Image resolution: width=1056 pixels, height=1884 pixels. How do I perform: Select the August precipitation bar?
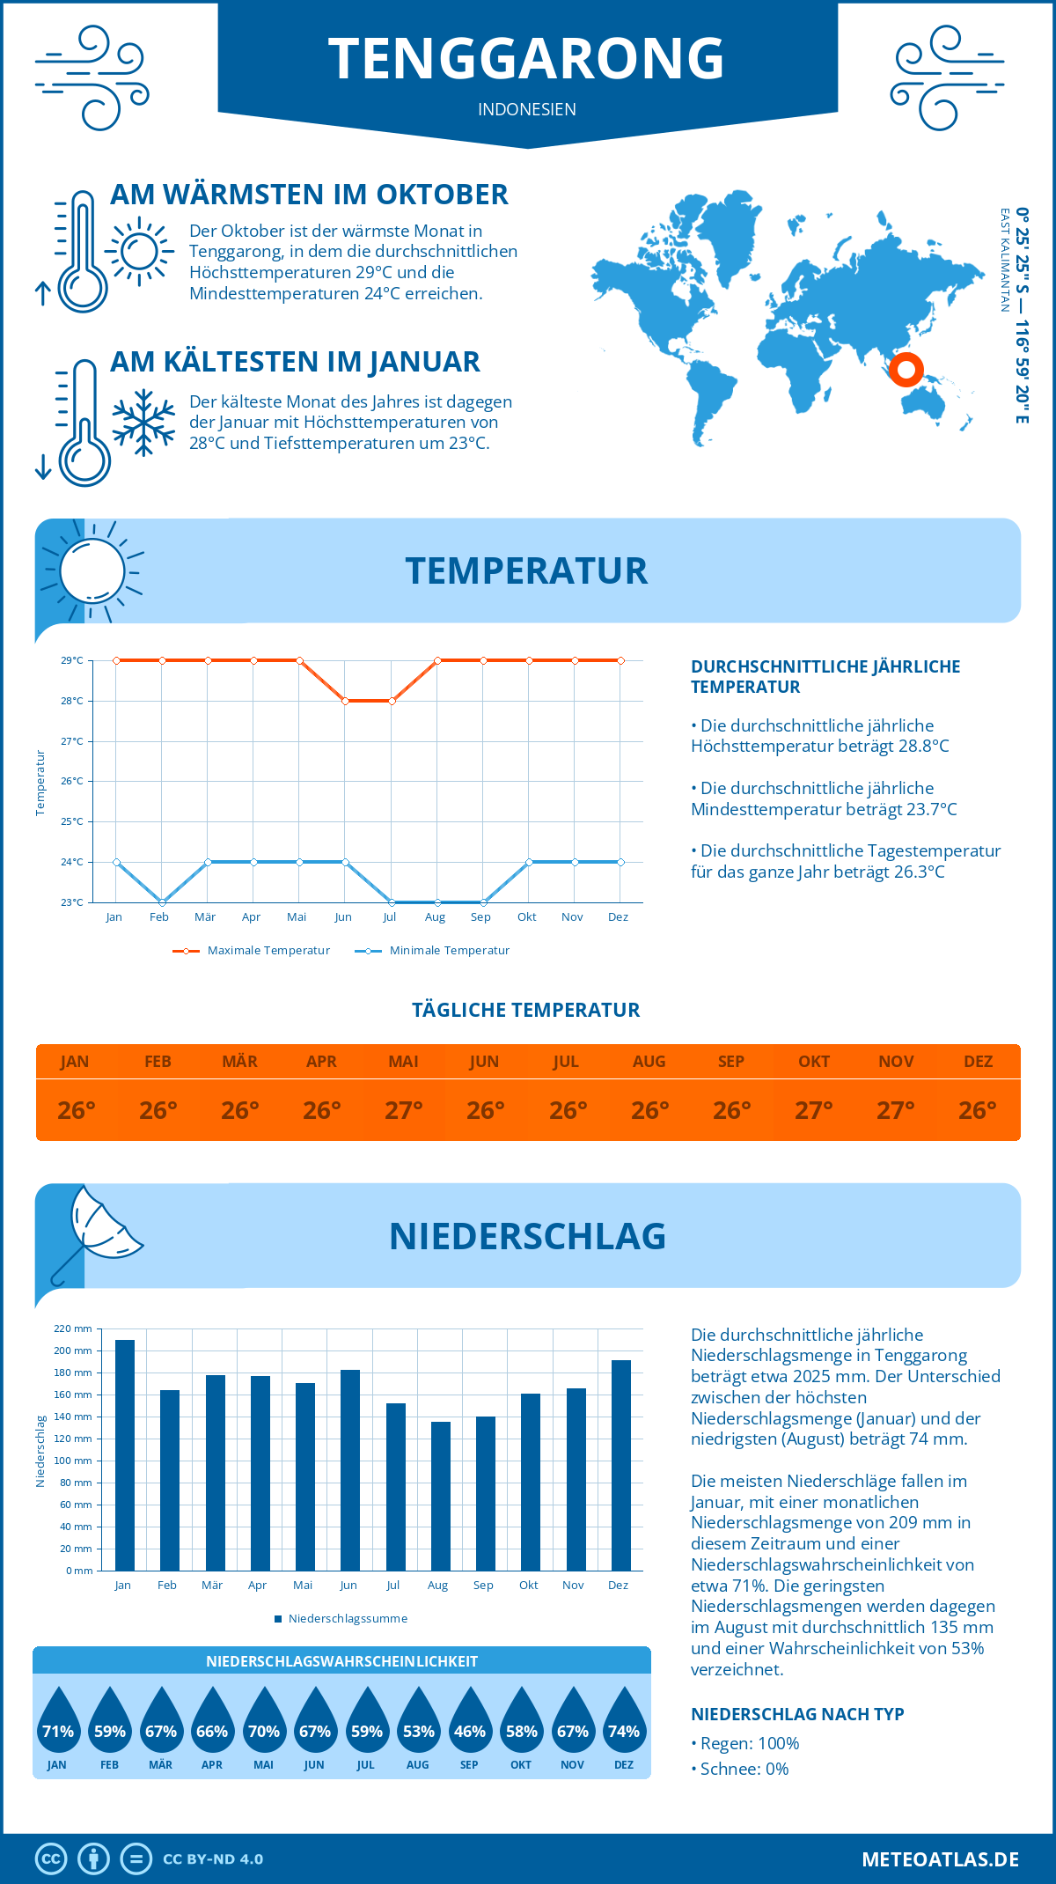coord(441,1496)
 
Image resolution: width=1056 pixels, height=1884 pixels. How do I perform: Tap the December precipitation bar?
coord(621,1465)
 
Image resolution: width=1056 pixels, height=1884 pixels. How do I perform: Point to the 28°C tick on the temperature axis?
coord(72,702)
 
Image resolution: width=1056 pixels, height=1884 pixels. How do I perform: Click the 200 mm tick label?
coord(74,1350)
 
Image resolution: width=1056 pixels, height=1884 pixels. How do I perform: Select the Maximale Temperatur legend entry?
coord(252,951)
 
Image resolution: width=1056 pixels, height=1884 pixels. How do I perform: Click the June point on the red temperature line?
coord(346,702)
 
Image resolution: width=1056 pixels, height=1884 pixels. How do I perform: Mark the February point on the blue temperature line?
coord(162,902)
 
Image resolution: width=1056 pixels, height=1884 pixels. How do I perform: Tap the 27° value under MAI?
coord(404,1110)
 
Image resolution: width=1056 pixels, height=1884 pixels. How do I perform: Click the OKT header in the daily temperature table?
coord(814,1062)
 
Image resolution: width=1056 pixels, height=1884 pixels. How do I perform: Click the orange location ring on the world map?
coord(906,370)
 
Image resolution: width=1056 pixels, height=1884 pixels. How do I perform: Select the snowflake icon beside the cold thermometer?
coord(143,423)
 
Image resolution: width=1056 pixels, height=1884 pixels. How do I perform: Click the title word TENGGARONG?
coord(526,59)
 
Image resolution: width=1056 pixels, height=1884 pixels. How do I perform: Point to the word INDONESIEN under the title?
coord(527,109)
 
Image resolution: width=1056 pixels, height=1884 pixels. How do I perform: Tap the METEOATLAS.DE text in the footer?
coord(940,1859)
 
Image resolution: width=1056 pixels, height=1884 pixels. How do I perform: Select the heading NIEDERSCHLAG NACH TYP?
coord(797,1714)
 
